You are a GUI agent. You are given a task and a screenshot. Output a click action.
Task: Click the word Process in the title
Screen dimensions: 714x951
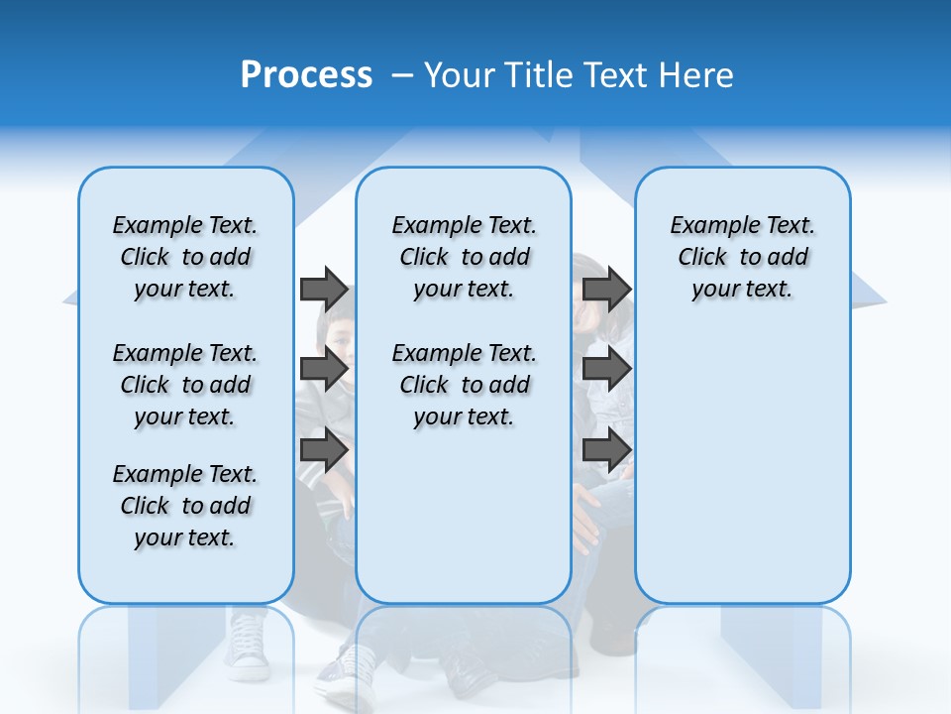pyautogui.click(x=306, y=75)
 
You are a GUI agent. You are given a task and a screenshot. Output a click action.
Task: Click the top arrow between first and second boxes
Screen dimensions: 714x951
pyautogui.click(x=324, y=289)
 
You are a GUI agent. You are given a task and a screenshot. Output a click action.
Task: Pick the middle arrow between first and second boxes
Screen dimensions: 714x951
pyautogui.click(x=324, y=369)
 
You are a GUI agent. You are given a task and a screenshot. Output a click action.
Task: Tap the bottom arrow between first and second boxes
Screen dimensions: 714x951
pyautogui.click(x=324, y=449)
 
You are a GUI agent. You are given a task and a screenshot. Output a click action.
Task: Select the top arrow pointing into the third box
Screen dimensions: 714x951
pyautogui.click(x=606, y=289)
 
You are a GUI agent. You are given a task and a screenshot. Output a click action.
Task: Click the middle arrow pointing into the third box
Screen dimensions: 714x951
pyautogui.click(x=606, y=369)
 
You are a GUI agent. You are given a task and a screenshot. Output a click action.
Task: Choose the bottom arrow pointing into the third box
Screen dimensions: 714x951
pyautogui.click(x=606, y=449)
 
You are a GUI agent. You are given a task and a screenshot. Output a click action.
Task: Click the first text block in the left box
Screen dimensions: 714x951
pyautogui.click(x=185, y=257)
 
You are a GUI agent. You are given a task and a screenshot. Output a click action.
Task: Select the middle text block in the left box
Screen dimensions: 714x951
pyautogui.click(x=185, y=385)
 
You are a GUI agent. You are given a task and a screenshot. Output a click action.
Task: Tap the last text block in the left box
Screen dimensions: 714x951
pyautogui.click(x=185, y=506)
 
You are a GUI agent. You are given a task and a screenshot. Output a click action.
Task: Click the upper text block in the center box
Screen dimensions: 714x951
pyautogui.click(x=464, y=257)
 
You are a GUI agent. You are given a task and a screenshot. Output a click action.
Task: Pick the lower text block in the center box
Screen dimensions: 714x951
pyautogui.click(x=464, y=385)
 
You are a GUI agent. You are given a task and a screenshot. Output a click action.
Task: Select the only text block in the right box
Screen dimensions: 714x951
pyautogui.click(x=742, y=257)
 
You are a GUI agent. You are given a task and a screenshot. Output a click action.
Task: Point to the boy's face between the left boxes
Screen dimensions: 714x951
pyautogui.click(x=338, y=332)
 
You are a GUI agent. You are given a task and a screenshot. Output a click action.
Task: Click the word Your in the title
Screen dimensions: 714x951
pyautogui.click(x=461, y=75)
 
